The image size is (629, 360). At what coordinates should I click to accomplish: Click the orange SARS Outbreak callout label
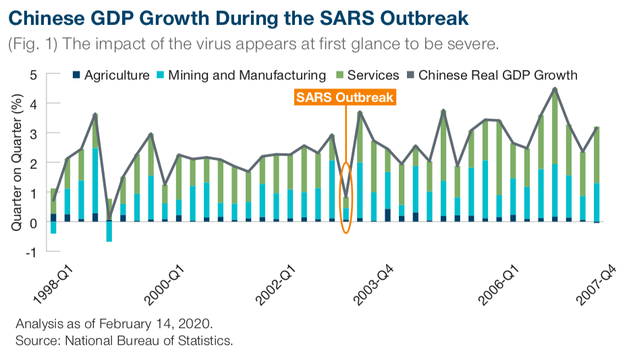click(345, 97)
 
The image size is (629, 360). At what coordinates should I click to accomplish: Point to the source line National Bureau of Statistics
click(149, 340)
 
